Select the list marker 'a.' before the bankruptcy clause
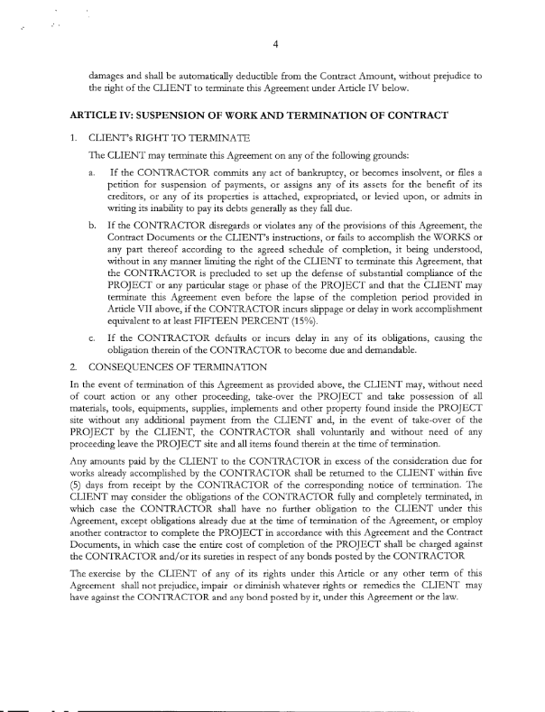(x=93, y=172)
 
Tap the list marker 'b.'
(x=93, y=231)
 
